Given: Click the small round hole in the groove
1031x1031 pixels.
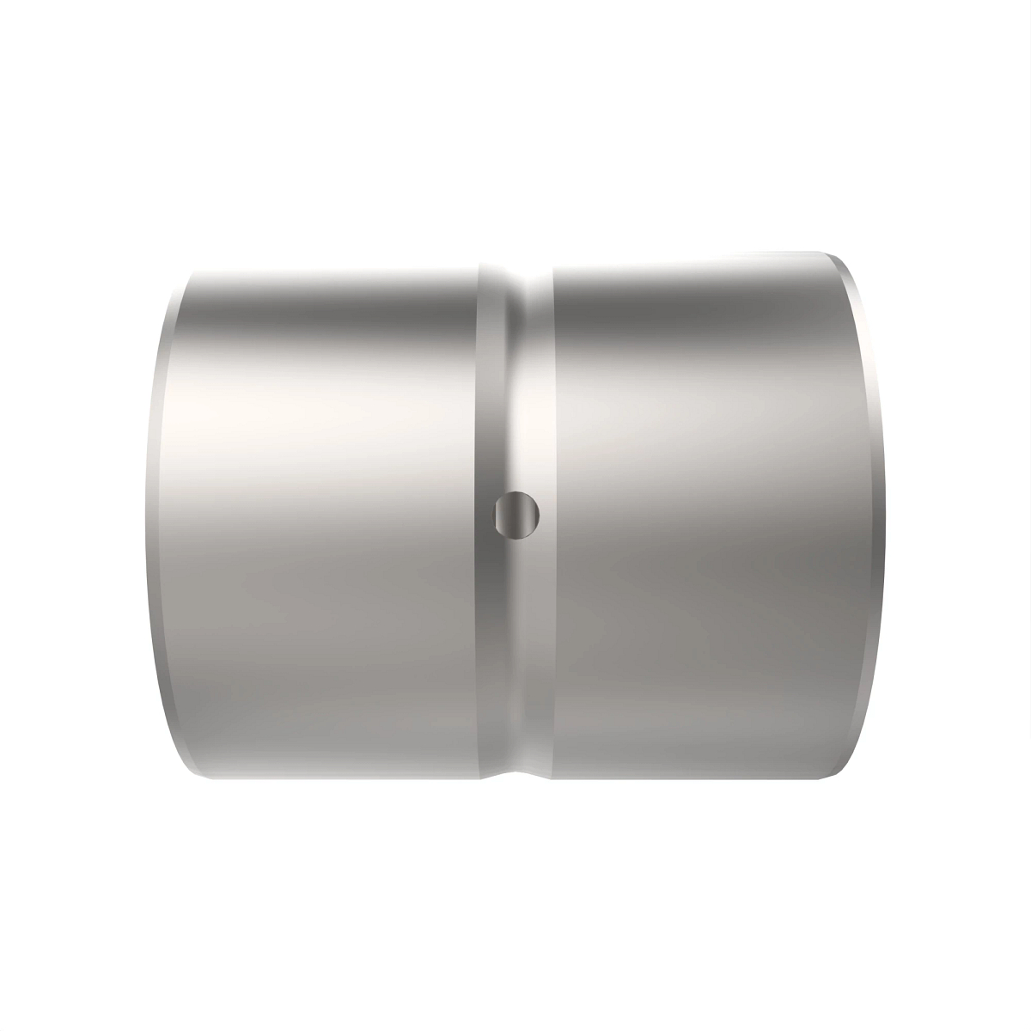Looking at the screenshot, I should pos(516,516).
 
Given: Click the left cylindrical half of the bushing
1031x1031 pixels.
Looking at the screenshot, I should pos(326,515).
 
